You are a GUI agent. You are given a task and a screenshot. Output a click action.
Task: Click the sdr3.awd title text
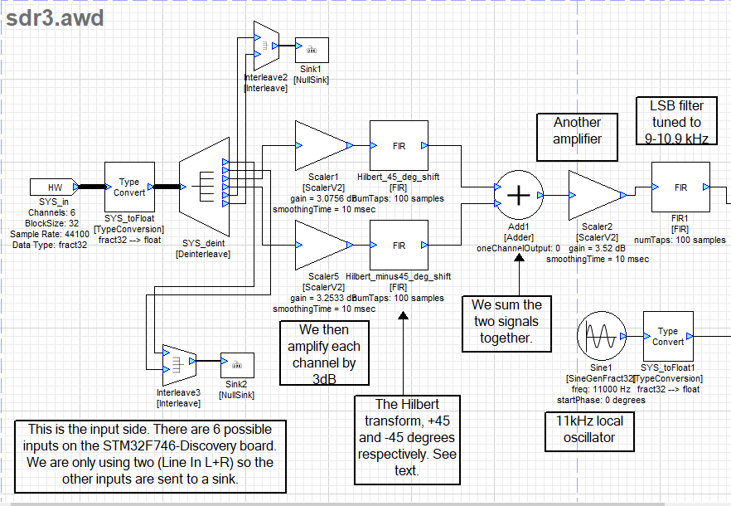coord(55,18)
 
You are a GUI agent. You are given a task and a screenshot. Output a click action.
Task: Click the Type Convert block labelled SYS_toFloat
coord(129,187)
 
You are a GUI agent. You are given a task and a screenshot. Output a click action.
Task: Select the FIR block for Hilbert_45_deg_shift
coord(399,145)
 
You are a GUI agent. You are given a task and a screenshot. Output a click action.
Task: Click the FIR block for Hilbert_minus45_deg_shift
coord(399,246)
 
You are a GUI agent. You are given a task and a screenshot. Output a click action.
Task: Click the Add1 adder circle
coord(518,195)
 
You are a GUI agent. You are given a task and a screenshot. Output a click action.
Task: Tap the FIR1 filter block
coord(680,187)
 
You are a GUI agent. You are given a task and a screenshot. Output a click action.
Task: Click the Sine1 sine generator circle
coord(599,338)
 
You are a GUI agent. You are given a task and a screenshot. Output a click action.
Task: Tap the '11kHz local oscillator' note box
coord(585,429)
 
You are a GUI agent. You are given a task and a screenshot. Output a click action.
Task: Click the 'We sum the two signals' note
coord(506,322)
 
